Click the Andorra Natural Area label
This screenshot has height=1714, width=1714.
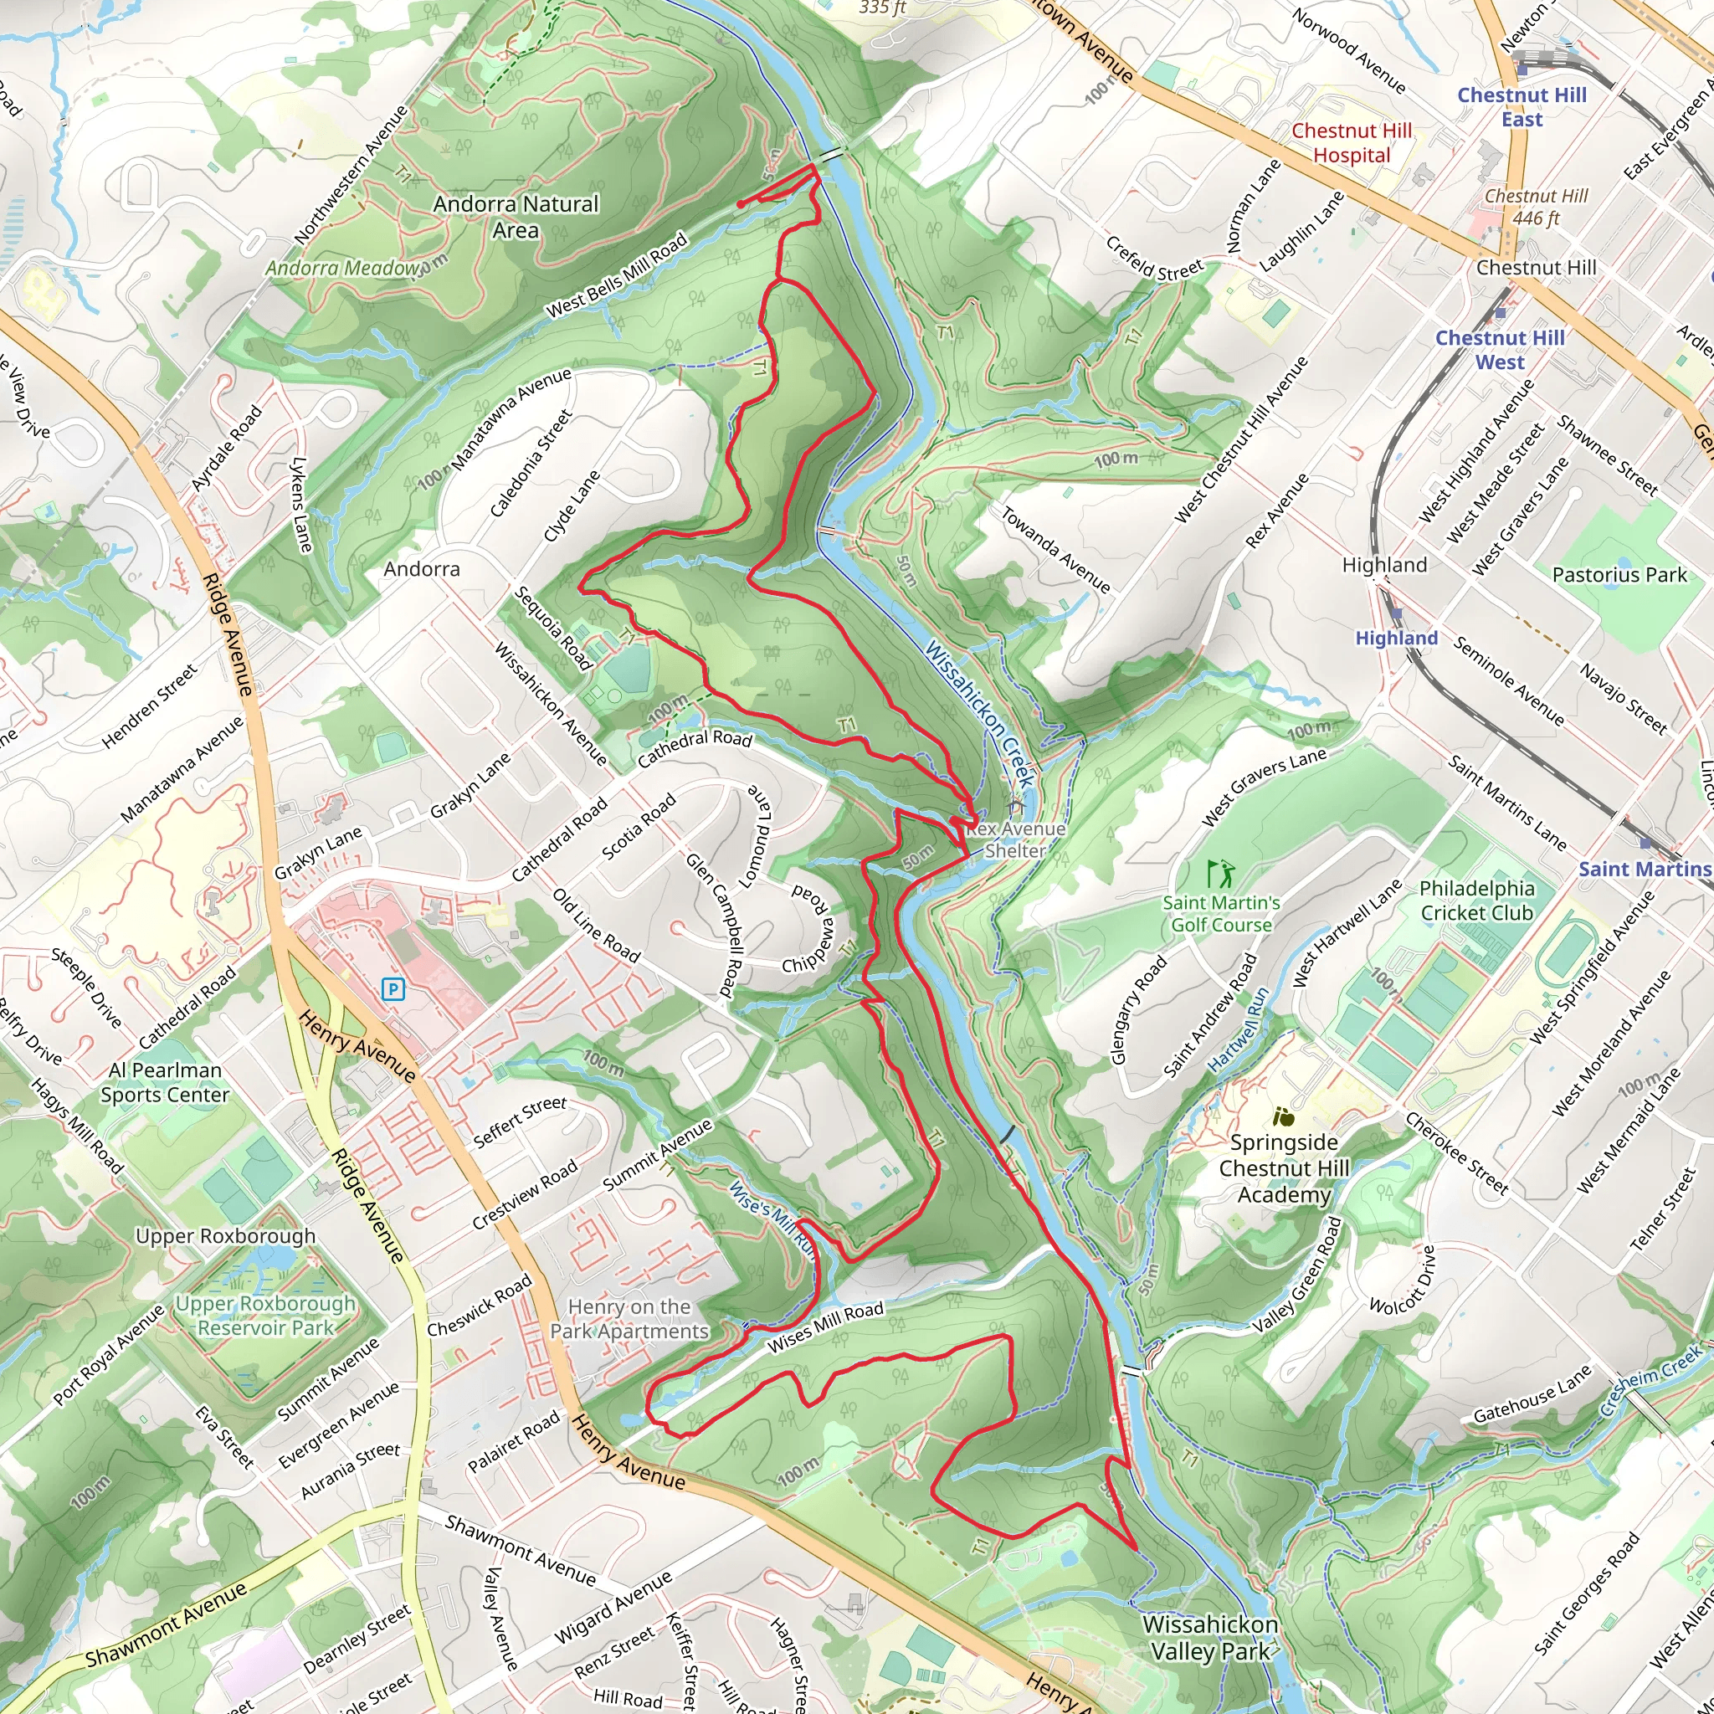pyautogui.click(x=516, y=218)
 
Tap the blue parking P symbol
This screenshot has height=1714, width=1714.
pyautogui.click(x=393, y=989)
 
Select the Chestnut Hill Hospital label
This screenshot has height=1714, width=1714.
pyautogui.click(x=1351, y=143)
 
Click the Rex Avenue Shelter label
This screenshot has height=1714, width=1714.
pyautogui.click(x=1015, y=839)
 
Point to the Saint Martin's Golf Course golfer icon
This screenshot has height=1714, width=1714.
pyautogui.click(x=1221, y=874)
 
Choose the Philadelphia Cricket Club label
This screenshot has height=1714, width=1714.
pyautogui.click(x=1476, y=901)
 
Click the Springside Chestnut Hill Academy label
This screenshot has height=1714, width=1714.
pyautogui.click(x=1284, y=1168)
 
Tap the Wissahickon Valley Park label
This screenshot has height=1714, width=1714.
pyautogui.click(x=1210, y=1638)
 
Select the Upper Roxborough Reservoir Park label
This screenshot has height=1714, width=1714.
pyautogui.click(x=265, y=1316)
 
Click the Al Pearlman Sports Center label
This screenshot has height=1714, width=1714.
pyautogui.click(x=165, y=1082)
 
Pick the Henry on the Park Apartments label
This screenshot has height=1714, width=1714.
pyautogui.click(x=629, y=1319)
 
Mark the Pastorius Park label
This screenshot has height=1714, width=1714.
pyautogui.click(x=1619, y=575)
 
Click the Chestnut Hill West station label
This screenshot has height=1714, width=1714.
pyautogui.click(x=1499, y=350)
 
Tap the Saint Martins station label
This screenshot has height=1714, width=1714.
pyautogui.click(x=1644, y=870)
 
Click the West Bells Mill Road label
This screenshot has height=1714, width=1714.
pyautogui.click(x=617, y=275)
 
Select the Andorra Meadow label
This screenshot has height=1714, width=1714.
pyautogui.click(x=342, y=268)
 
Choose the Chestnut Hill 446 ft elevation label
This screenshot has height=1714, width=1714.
pyautogui.click(x=1536, y=207)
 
